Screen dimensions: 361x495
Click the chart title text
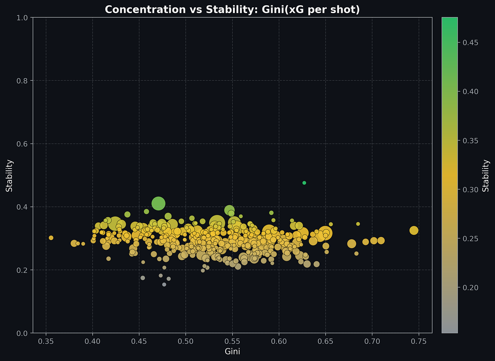click(232, 10)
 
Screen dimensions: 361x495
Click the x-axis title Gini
click(232, 351)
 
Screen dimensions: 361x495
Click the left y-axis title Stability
click(10, 175)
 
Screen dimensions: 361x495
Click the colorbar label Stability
click(486, 175)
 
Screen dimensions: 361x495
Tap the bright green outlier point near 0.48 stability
click(304, 183)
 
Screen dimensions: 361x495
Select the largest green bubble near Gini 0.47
click(158, 203)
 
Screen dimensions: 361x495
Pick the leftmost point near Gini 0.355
click(51, 238)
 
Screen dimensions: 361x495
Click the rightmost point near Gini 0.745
click(414, 231)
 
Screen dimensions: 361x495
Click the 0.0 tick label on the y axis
click(23, 333)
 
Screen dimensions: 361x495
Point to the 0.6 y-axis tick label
click(23, 144)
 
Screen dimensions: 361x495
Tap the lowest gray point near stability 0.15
click(164, 284)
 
